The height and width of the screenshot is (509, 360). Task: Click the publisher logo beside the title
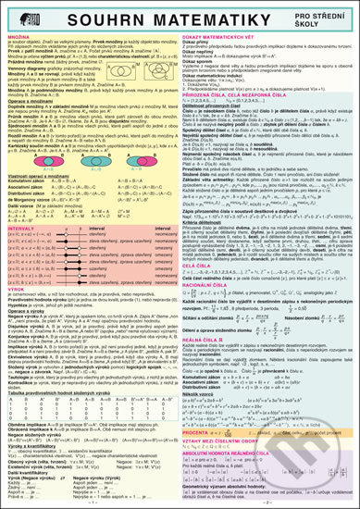point(26,21)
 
